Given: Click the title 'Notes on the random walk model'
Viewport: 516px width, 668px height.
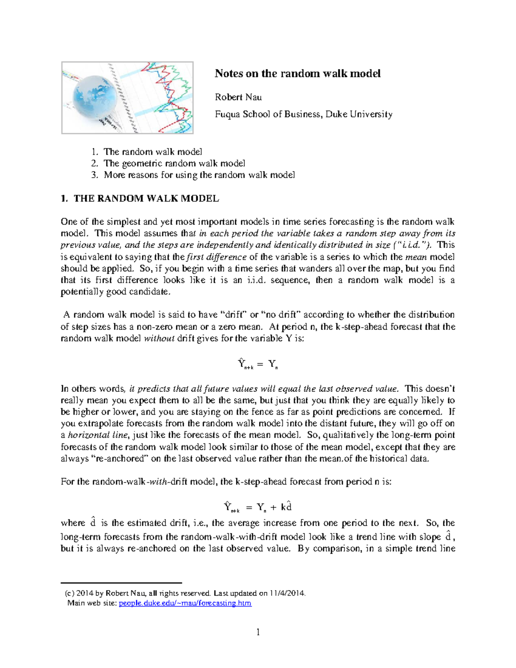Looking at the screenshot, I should pyautogui.click(x=298, y=74).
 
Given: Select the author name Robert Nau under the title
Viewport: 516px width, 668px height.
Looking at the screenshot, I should pyautogui.click(x=238, y=97).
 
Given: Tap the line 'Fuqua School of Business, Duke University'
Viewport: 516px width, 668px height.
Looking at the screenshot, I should pyautogui.click(x=304, y=114).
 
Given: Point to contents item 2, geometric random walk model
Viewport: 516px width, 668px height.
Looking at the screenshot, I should pyautogui.click(x=174, y=163).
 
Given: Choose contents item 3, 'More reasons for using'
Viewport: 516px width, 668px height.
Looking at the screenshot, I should pyautogui.click(x=199, y=175).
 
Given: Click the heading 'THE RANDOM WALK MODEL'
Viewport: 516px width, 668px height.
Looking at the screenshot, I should pyautogui.click(x=146, y=199).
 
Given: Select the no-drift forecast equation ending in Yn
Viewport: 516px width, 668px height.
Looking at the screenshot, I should pyautogui.click(x=258, y=364).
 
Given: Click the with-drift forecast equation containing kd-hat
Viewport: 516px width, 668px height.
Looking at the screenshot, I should pyautogui.click(x=258, y=507).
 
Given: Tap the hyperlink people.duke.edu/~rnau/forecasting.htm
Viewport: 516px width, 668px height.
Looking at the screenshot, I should pyautogui.click(x=185, y=603).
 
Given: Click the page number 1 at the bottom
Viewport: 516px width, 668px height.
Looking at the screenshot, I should pyautogui.click(x=258, y=632).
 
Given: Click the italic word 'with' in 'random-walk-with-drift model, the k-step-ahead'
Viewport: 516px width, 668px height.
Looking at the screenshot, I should pyautogui.click(x=158, y=482).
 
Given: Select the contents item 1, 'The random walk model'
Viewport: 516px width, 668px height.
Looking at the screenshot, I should pyautogui.click(x=153, y=152).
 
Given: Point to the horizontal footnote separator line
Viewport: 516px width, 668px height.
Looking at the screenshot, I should pyautogui.click(x=121, y=583).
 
